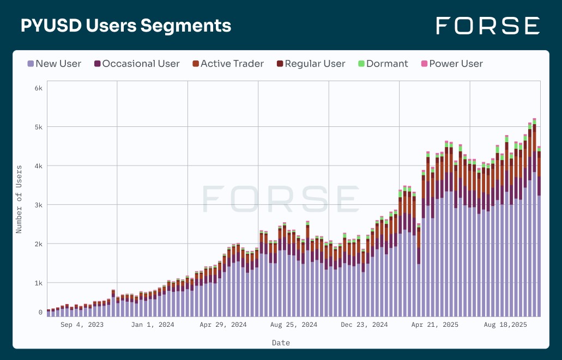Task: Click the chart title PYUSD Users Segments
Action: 126,26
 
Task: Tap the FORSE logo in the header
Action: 488,26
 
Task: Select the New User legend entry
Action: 54,64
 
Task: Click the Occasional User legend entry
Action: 137,64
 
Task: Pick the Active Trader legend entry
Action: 228,64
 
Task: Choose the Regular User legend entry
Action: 311,64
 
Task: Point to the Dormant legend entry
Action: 383,64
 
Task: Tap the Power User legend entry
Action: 451,64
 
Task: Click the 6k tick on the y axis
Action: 38,88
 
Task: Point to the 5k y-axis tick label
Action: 38,127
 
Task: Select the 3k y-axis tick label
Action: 38,205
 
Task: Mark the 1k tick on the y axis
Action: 38,283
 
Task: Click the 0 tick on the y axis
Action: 40,313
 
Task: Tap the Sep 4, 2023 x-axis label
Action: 82,325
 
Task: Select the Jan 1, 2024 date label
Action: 153,325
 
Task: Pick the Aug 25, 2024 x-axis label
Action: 294,325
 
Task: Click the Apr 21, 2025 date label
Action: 434,325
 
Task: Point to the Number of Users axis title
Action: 19,199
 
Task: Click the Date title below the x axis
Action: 281,343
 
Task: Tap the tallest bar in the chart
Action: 534,218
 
